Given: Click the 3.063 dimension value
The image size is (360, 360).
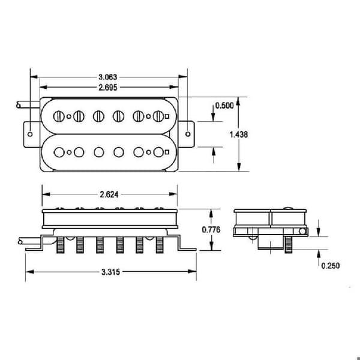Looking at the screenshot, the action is (107, 77).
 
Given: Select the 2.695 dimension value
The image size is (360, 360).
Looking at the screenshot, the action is (107, 88).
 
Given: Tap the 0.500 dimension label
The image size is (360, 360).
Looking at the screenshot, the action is (224, 106).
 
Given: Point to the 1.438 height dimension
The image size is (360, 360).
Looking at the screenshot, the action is (239, 134).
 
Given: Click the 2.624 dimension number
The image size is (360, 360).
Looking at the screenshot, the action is (109, 194).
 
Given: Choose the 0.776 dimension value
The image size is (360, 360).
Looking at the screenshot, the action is (211, 230).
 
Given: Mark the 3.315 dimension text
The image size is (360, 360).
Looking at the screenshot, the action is (110, 272).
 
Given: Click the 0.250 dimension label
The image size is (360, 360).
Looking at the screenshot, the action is (331, 266).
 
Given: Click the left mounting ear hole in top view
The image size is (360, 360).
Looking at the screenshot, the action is (30, 134).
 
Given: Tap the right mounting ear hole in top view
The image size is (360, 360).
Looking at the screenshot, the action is (188, 134).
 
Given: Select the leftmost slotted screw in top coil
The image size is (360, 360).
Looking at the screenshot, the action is (59, 116).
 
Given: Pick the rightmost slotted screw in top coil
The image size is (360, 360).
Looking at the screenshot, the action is (158, 116).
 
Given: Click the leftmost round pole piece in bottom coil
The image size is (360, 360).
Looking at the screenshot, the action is (59, 152).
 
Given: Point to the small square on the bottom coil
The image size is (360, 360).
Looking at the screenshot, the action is (167, 152).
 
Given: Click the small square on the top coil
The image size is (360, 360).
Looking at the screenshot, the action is (167, 116).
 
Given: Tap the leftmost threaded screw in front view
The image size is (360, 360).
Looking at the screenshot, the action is (61, 245).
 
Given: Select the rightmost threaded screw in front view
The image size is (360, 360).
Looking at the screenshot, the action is (160, 245).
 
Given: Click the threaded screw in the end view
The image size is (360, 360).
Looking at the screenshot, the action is (289, 245).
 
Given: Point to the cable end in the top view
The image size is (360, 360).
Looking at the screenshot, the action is (19, 106).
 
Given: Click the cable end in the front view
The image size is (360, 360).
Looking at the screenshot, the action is (20, 242).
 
